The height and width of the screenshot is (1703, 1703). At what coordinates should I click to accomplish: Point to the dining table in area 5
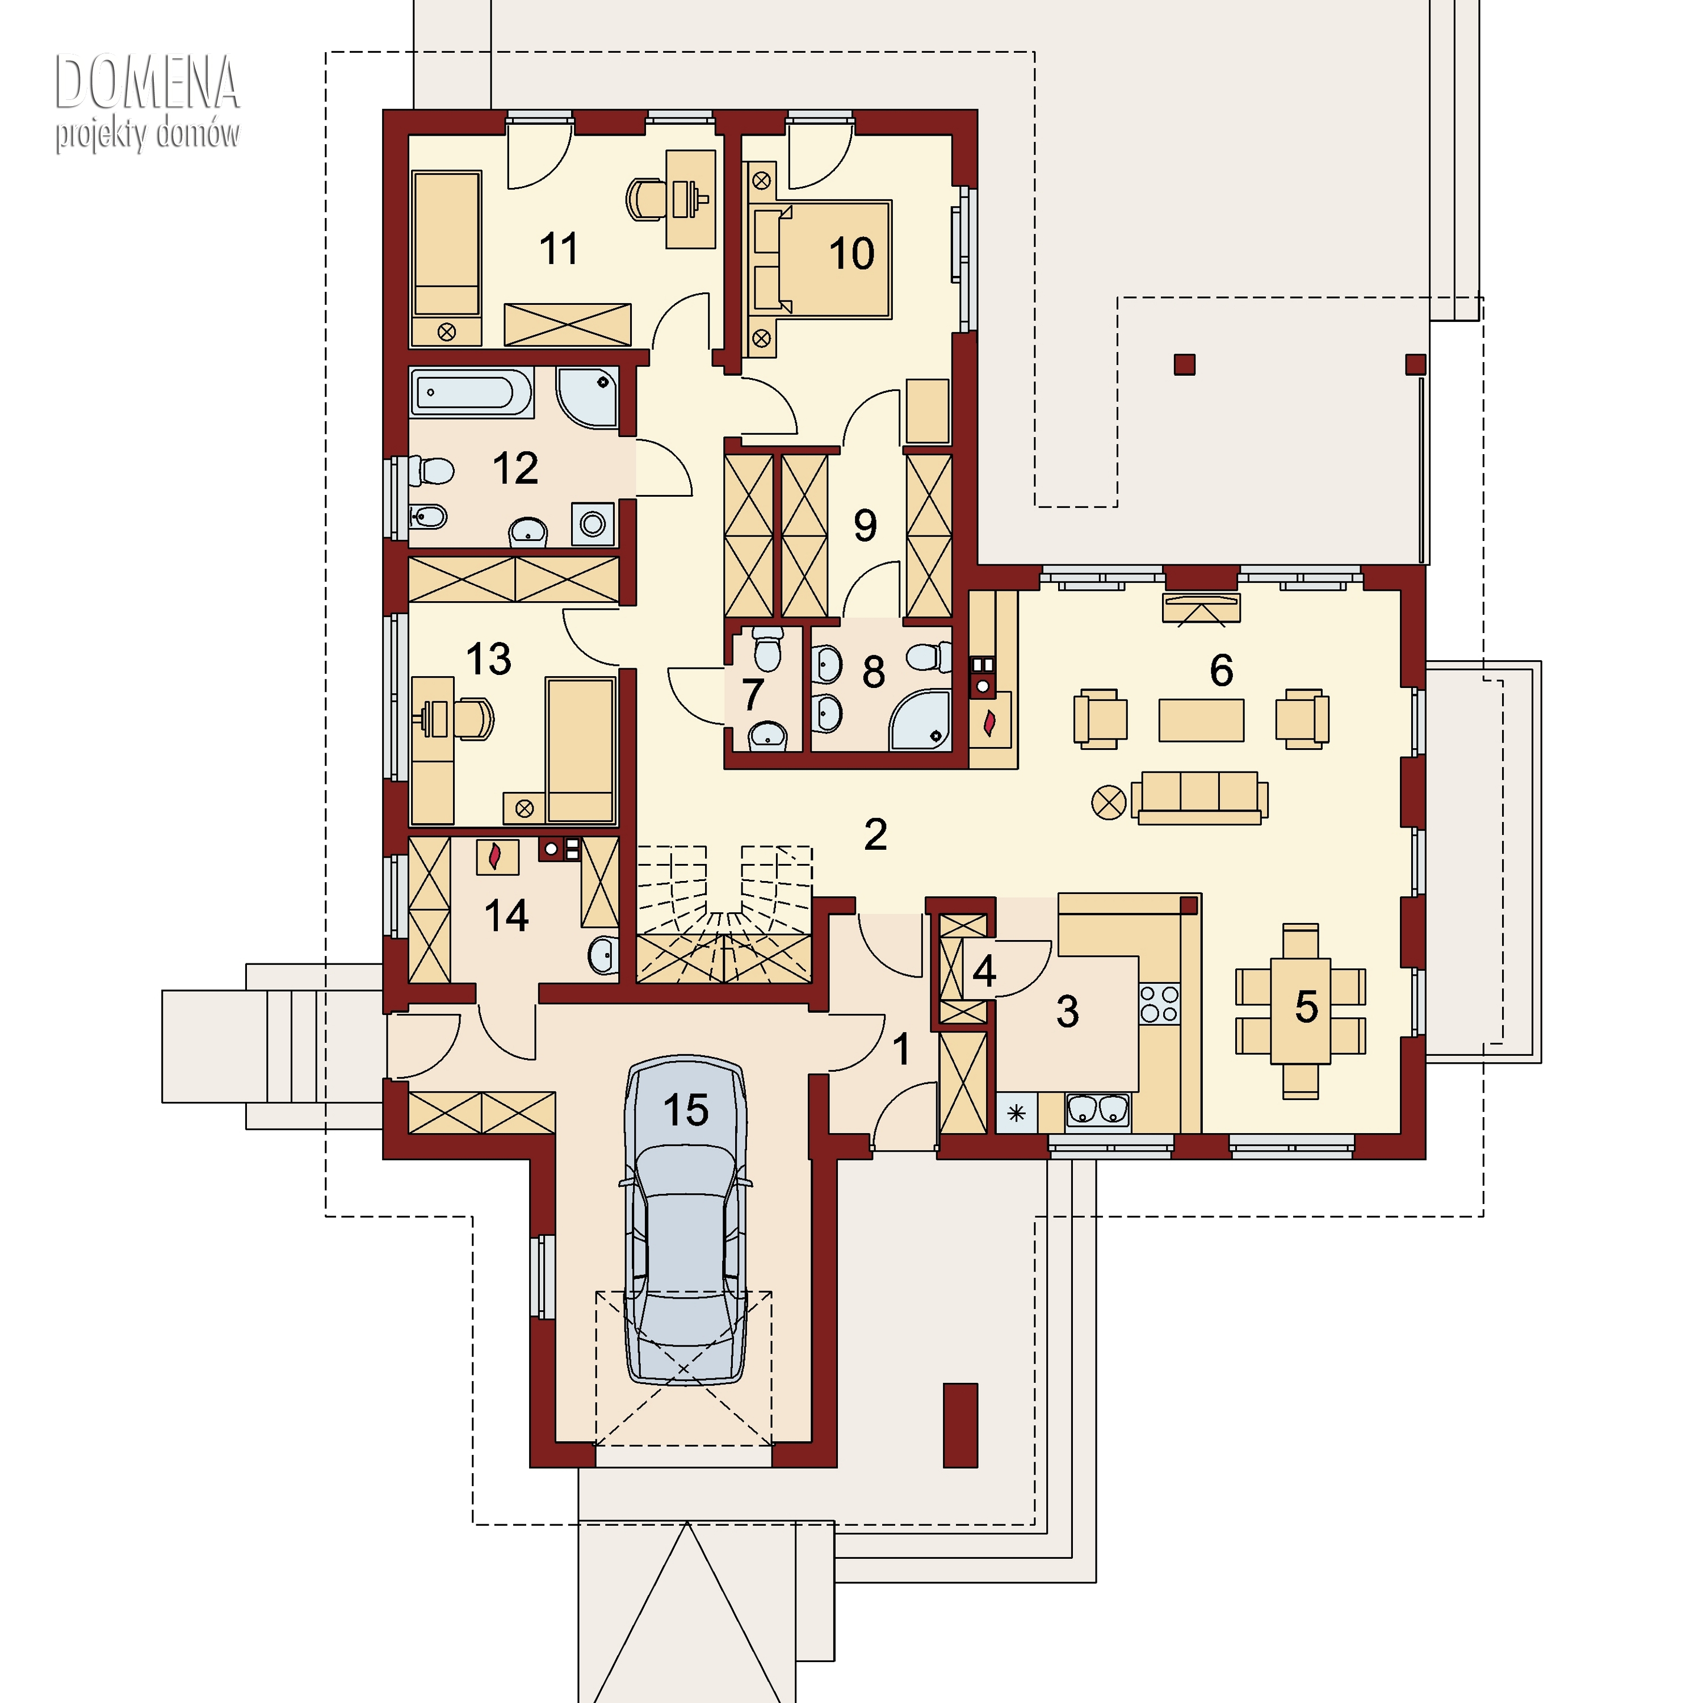1300,1010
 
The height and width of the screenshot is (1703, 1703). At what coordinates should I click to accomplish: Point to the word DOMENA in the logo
147,83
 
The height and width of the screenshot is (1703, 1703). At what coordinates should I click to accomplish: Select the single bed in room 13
579,749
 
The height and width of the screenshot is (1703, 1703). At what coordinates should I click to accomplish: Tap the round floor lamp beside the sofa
1108,803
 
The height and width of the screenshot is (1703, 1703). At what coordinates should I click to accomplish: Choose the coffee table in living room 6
1201,720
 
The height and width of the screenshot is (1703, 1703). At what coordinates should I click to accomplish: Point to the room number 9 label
865,525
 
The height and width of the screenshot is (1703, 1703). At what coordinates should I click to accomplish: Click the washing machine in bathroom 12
592,523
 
